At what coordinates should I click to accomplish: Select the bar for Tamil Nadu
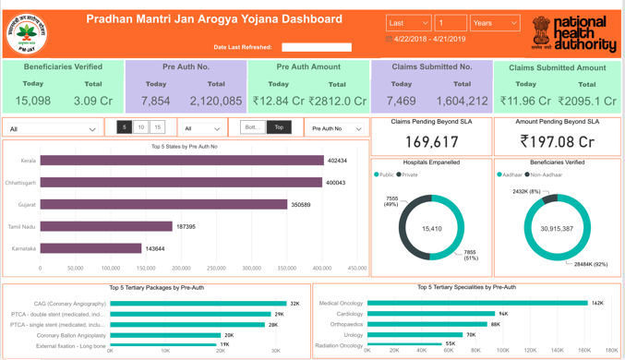106,226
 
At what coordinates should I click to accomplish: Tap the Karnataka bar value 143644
155,248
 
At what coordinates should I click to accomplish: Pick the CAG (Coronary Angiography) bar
198,303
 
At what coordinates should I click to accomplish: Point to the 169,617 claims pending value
431,141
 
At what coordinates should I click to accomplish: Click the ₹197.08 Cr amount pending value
557,141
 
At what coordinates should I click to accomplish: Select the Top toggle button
280,127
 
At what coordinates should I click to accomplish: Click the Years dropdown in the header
495,23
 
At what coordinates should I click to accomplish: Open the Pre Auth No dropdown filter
337,128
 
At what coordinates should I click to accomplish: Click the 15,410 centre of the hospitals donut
431,228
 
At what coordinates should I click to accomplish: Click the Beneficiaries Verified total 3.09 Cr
93,102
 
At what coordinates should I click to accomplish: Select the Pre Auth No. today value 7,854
155,102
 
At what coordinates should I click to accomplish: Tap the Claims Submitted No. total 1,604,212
462,102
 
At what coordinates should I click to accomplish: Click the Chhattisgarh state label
21,183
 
